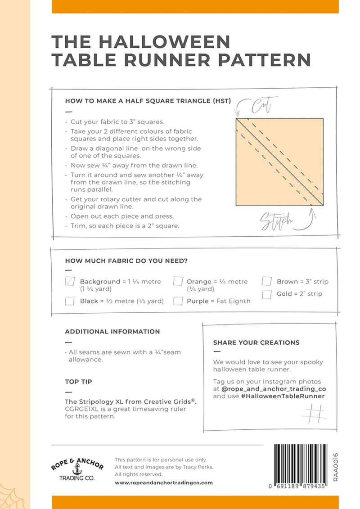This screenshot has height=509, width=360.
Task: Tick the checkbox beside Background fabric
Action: [x=70, y=282]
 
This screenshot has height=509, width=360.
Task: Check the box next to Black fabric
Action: [x=70, y=301]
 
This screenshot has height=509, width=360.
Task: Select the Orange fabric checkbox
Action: [x=178, y=282]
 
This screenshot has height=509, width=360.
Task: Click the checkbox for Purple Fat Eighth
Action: [x=178, y=301]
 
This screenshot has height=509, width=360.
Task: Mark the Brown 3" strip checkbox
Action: [x=267, y=282]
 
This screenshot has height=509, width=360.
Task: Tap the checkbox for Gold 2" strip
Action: [x=267, y=294]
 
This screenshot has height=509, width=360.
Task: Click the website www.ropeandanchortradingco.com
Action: [x=164, y=483]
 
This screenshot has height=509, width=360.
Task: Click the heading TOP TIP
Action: [x=79, y=382]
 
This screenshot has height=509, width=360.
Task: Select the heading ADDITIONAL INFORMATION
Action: [x=112, y=332]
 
